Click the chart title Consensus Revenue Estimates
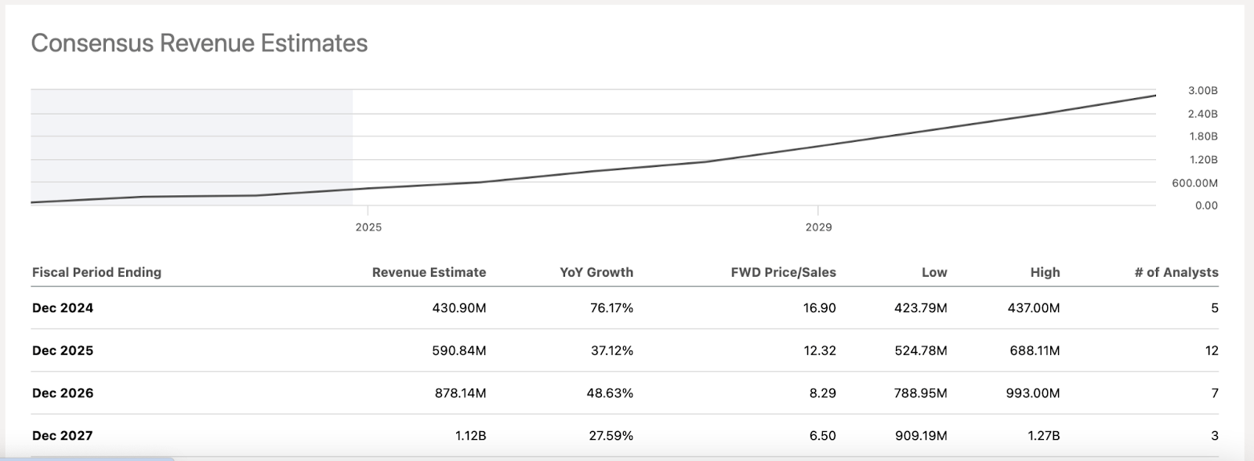(x=199, y=43)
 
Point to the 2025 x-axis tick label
(x=368, y=227)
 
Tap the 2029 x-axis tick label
(x=818, y=227)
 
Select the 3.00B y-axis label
(x=1202, y=91)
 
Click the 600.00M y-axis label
(x=1194, y=183)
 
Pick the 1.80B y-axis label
(x=1202, y=136)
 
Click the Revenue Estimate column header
(x=429, y=273)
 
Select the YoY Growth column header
(x=596, y=273)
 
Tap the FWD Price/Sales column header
(x=783, y=273)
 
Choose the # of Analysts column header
(x=1176, y=273)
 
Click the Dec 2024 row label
(x=63, y=308)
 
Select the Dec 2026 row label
(x=63, y=393)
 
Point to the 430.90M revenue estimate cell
(x=459, y=308)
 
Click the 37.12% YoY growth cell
(x=611, y=350)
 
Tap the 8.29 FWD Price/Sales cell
(x=822, y=393)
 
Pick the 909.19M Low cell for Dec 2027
(x=920, y=435)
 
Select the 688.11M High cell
(x=1035, y=350)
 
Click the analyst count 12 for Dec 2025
(x=1212, y=350)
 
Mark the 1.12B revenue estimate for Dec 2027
(x=470, y=435)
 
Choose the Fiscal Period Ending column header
(x=96, y=273)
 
